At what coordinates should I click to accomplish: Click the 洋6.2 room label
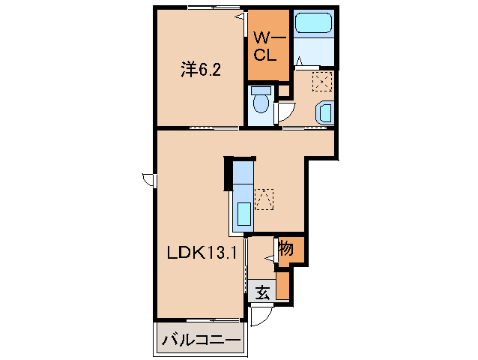[200, 70]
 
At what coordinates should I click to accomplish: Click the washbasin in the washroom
[325, 112]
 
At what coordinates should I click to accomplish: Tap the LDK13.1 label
[202, 253]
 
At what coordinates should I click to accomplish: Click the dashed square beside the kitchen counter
[264, 199]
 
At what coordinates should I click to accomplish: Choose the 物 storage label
[286, 248]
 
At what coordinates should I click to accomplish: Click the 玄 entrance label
[261, 292]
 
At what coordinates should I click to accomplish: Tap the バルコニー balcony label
[202, 341]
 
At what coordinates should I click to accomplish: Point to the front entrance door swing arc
[259, 317]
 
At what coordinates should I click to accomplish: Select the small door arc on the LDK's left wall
[148, 180]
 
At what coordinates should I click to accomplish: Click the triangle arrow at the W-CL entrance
[241, 16]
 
